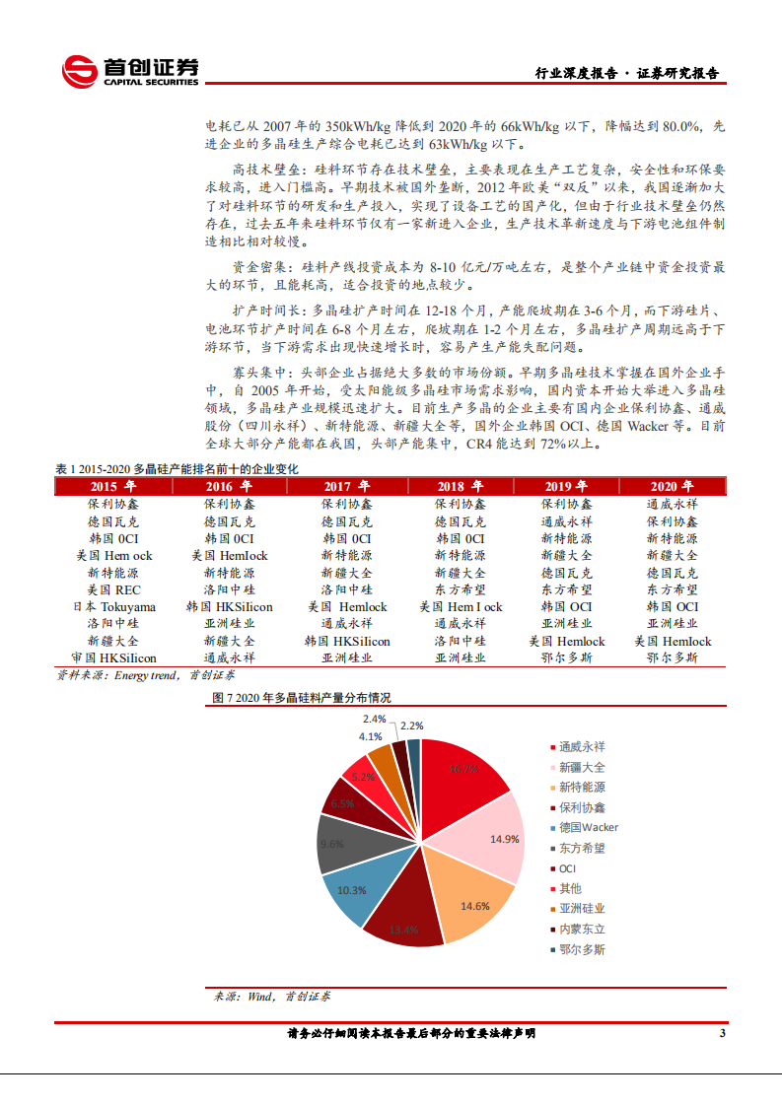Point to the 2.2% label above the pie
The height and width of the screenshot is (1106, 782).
pyautogui.click(x=412, y=726)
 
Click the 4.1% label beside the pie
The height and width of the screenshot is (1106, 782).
pyautogui.click(x=370, y=736)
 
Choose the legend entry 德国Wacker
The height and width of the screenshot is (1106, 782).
pyautogui.click(x=588, y=827)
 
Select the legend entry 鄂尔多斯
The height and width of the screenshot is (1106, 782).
pyautogui.click(x=582, y=949)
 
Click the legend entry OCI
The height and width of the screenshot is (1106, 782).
pyautogui.click(x=567, y=868)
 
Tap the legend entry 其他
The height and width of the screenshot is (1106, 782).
pyautogui.click(x=570, y=888)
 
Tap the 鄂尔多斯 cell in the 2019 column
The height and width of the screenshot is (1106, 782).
pyautogui.click(x=566, y=657)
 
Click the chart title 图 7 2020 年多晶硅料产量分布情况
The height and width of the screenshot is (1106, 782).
pyautogui.click(x=302, y=697)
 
